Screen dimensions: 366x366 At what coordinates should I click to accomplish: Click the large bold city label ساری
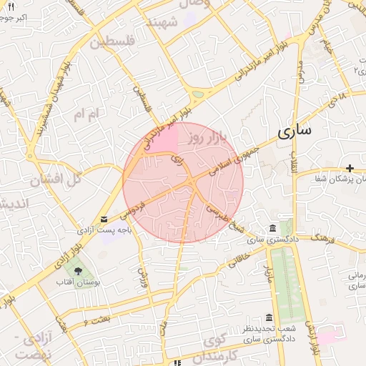pos(297,132)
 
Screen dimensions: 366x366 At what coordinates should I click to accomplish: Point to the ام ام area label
pos(89,113)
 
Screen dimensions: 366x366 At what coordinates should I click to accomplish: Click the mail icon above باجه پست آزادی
pos(105,219)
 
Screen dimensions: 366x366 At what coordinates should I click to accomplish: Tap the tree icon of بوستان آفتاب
pos(77,271)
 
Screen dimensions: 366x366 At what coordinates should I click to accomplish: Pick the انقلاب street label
pos(295,160)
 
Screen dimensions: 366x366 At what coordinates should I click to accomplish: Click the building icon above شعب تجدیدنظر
pos(269,317)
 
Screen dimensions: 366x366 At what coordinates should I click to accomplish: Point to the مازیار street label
pos(268,272)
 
